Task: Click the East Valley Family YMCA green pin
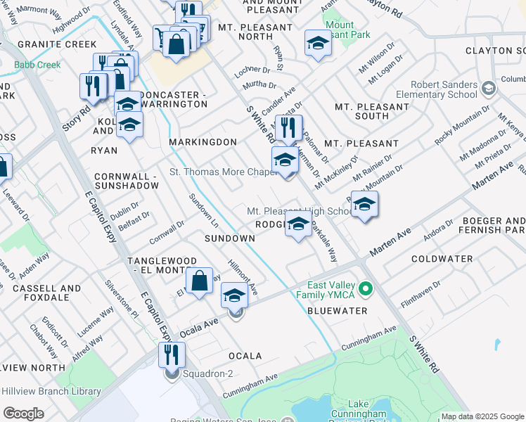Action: click(365, 289)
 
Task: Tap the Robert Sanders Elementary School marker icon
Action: click(489, 88)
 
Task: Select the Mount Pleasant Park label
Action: click(340, 29)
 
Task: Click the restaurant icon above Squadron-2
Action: click(172, 355)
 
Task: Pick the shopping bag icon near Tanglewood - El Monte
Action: click(200, 280)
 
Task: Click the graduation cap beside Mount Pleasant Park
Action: click(318, 43)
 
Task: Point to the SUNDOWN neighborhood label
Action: click(229, 238)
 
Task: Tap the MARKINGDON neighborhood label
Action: click(203, 142)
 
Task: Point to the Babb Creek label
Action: click(37, 65)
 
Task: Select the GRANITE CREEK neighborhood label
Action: click(46, 44)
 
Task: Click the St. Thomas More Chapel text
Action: click(222, 172)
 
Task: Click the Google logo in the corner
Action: click(23, 414)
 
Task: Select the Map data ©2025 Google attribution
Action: click(482, 416)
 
